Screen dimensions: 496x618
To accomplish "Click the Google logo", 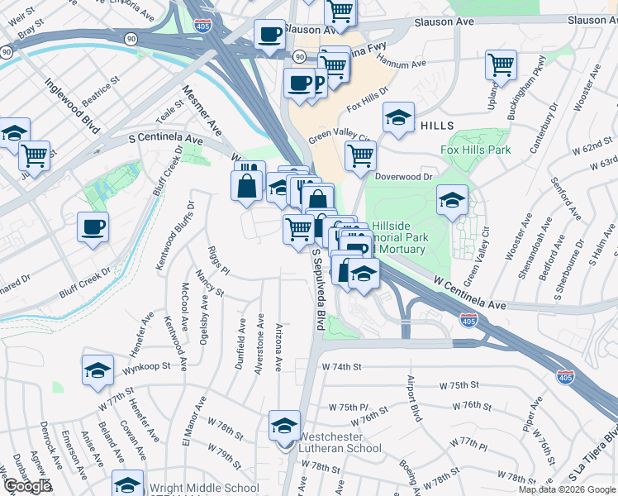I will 27,486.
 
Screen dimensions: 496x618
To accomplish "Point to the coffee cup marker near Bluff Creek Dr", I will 93,227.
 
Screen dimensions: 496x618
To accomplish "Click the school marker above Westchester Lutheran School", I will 285,426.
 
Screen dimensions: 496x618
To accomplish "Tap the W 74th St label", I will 343,365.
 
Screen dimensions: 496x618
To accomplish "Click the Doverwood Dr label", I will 404,176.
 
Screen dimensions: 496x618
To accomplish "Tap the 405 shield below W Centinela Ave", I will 468,320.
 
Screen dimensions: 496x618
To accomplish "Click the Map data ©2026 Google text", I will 567,489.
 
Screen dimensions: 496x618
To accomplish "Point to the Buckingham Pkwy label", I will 530,80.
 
